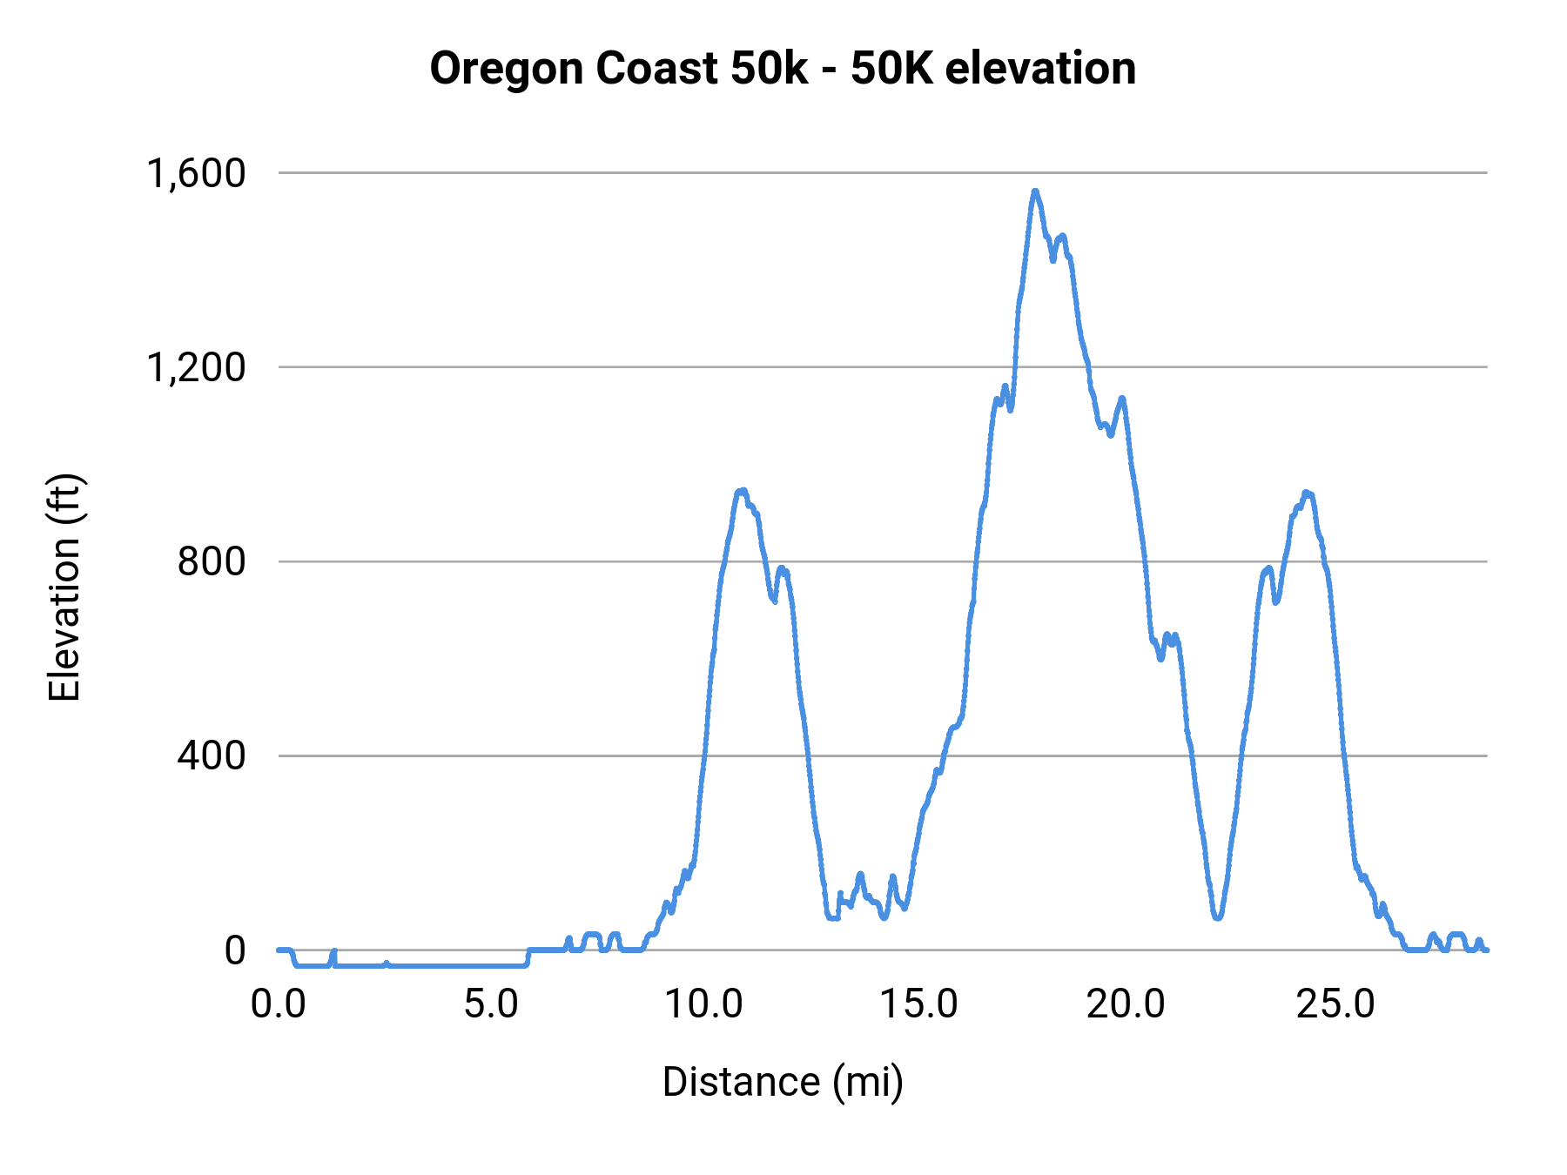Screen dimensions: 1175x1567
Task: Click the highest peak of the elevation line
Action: [x=1035, y=191]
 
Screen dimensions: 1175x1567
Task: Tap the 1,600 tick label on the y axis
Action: [x=196, y=173]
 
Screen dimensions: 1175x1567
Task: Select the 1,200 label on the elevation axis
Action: [x=196, y=367]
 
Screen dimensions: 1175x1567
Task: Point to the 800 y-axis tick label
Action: [x=212, y=561]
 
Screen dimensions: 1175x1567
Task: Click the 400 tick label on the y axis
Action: [x=212, y=755]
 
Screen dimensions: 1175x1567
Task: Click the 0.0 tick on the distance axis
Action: [x=279, y=1004]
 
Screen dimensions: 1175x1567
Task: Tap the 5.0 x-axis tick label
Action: [x=491, y=1004]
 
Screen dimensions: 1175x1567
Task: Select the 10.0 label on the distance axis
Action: [x=703, y=1004]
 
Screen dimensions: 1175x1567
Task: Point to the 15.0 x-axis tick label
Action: [x=918, y=1004]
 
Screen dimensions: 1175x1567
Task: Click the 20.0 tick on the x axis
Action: [x=1126, y=1004]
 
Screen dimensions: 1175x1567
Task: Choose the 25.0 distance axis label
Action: [x=1335, y=1004]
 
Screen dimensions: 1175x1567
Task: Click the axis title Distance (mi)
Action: [x=783, y=1082]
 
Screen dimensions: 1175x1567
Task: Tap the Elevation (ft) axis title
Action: [x=64, y=587]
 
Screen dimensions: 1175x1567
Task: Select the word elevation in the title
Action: [x=1040, y=68]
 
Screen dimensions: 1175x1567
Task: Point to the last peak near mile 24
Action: [x=1307, y=493]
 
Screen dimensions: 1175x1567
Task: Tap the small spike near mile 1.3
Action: [x=333, y=952]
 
